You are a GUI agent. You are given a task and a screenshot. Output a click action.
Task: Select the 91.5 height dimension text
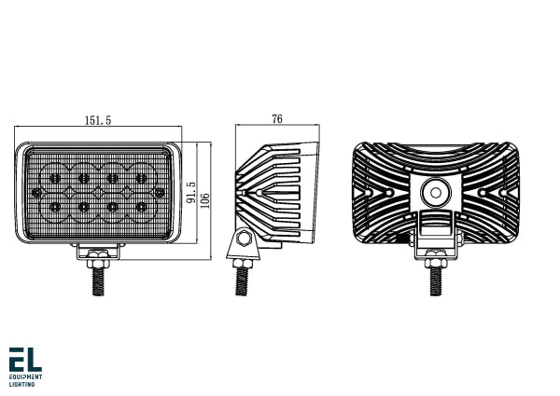[x=190, y=193]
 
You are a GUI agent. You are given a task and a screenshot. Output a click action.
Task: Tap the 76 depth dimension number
[x=277, y=118]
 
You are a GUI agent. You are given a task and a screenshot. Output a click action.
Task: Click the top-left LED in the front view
[x=55, y=177]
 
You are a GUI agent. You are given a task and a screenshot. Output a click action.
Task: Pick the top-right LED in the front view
[x=143, y=177]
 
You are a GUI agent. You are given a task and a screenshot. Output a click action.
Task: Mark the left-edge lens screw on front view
[x=36, y=192]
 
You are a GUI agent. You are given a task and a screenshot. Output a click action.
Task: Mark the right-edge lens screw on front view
[x=161, y=192]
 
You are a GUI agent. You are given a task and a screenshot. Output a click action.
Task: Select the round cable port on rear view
[x=434, y=194]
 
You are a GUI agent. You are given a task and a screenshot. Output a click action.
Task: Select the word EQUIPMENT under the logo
[x=24, y=377]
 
